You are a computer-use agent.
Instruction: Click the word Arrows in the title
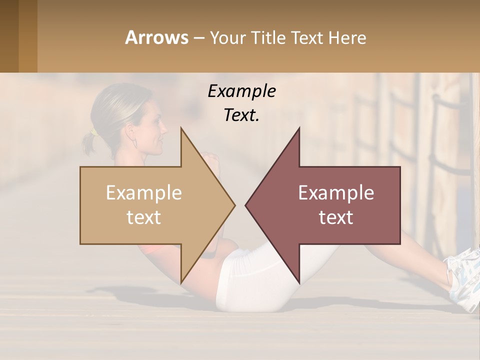[x=157, y=37]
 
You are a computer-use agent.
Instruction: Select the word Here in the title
[x=347, y=37]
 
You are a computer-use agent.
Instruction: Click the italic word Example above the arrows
[x=241, y=91]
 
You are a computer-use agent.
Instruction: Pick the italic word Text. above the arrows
[x=241, y=115]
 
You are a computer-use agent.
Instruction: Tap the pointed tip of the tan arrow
[x=234, y=205]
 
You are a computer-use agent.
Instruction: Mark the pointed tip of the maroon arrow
[x=246, y=205]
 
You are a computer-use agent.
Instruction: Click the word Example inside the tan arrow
[x=144, y=193]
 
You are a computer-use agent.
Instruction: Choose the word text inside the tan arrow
[x=144, y=217]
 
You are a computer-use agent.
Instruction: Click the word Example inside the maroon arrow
[x=336, y=193]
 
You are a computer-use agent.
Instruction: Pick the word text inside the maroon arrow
[x=336, y=217]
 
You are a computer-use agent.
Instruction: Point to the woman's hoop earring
[x=134, y=143]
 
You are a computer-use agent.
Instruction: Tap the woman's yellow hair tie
[x=93, y=132]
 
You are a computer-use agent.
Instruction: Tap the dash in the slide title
[x=198, y=38]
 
